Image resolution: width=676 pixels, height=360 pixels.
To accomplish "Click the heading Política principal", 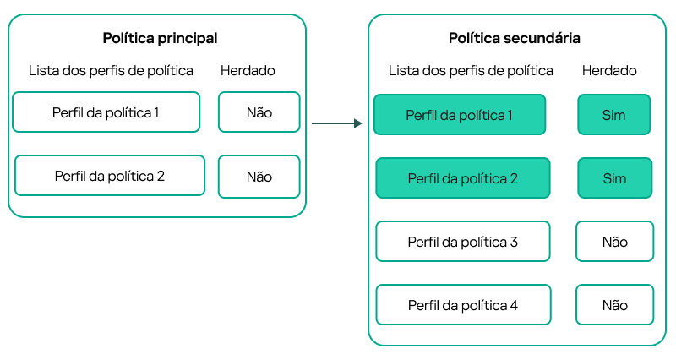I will click(160, 38).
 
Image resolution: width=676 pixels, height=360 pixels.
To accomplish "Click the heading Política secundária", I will click(514, 39).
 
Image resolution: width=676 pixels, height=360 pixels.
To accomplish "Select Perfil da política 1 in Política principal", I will click(106, 112).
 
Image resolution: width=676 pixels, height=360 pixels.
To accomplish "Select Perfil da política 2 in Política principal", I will click(109, 176).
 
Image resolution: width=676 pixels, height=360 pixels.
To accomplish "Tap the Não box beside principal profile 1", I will click(259, 112).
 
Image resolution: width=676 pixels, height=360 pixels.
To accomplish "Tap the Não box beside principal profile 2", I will click(259, 177).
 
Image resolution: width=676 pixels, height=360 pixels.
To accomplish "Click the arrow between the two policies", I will click(336, 123).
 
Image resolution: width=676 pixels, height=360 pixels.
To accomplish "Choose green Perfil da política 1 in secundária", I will click(460, 114).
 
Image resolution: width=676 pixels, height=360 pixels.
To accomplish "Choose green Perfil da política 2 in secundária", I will click(462, 178).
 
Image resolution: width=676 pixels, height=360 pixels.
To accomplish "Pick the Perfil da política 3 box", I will click(462, 242).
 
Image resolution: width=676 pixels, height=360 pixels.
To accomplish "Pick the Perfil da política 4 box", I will click(462, 305).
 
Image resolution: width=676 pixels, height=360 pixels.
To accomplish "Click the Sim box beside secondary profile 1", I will click(614, 114).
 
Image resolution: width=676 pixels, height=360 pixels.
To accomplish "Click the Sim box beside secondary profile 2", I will click(614, 178).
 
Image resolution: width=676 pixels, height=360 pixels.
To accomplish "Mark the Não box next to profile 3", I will click(614, 242).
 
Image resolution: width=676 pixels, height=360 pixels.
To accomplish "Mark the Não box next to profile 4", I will click(614, 305).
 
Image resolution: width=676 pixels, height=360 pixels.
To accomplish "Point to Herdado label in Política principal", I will click(248, 71).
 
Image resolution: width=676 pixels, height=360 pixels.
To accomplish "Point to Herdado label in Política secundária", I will click(609, 71).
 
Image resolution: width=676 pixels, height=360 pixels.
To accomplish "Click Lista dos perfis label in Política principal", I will click(111, 71).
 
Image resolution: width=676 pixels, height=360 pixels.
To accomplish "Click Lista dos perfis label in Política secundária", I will click(471, 71).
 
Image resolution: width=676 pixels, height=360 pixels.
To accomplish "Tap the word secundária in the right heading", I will click(542, 39).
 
